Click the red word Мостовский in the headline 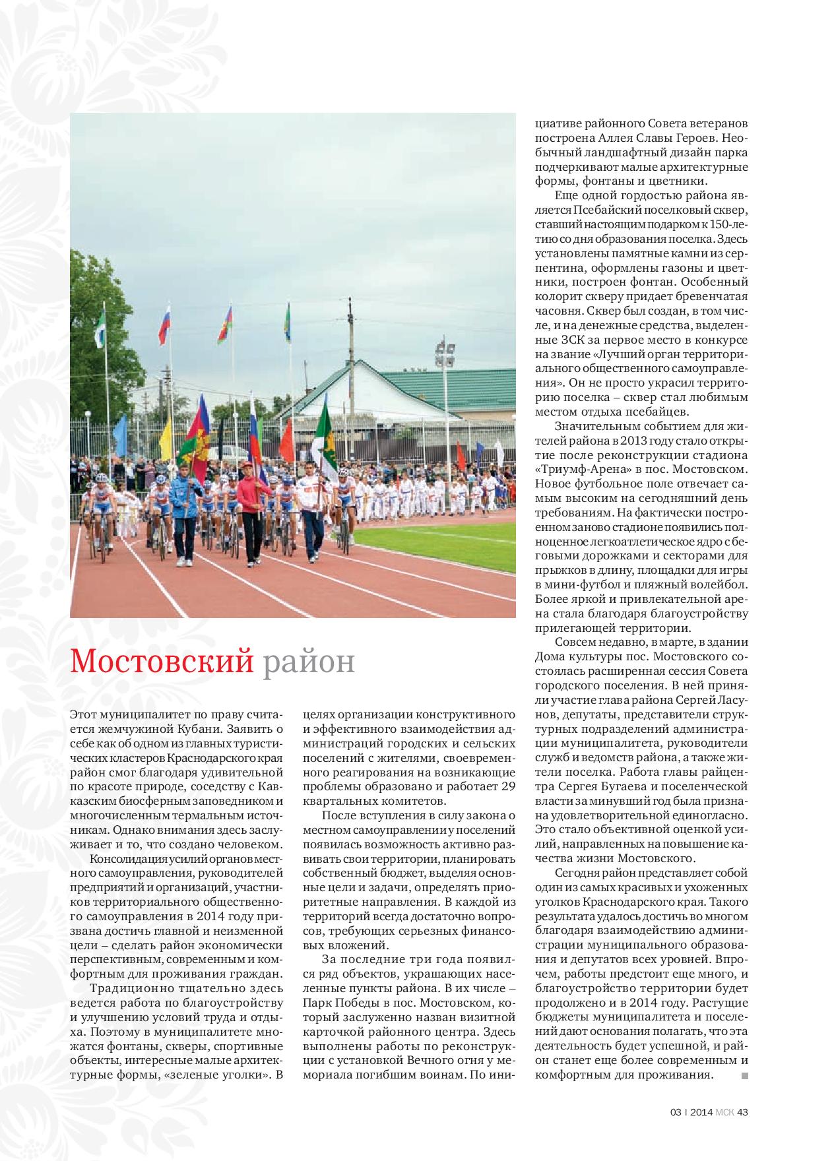click(x=162, y=660)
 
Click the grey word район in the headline click(x=309, y=662)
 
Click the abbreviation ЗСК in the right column click(x=569, y=340)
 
